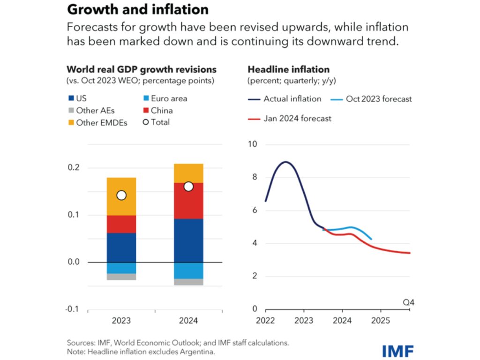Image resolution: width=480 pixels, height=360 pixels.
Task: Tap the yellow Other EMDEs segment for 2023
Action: pos(121,196)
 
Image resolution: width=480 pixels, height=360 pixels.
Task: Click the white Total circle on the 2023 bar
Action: pos(121,195)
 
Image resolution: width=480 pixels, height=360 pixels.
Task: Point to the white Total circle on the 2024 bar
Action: pos(188,187)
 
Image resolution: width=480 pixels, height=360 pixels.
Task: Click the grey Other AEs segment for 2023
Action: pos(121,277)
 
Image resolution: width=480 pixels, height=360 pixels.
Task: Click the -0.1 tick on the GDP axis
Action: pos(73,309)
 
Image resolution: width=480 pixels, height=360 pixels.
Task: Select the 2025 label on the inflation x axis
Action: pos(380,322)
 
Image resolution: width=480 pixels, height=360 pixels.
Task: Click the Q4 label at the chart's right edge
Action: pos(409,302)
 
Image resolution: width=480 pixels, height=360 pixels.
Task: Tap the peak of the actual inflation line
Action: pos(285,162)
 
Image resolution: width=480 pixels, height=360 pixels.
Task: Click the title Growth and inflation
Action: pos(138,9)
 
